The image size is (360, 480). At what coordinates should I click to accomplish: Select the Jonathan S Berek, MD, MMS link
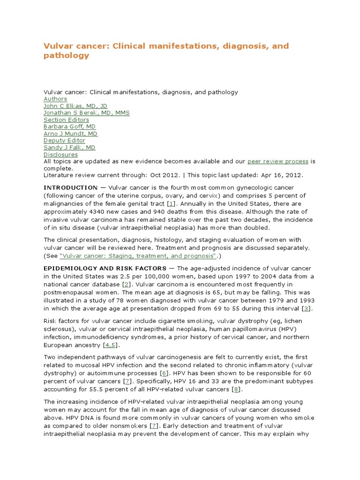(86, 113)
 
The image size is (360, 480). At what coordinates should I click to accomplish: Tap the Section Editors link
(66, 120)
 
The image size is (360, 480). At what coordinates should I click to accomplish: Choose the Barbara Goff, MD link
(69, 127)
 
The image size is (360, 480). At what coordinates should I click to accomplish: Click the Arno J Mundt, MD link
(70, 134)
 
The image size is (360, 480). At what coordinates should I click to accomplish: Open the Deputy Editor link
(64, 141)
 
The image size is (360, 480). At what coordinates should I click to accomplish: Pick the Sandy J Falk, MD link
(69, 147)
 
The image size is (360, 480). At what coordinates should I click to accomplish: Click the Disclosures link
(60, 154)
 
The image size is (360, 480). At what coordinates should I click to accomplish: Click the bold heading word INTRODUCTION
(70, 188)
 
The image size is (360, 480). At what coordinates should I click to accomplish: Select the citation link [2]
(126, 285)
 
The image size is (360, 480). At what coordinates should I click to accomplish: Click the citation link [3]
(307, 308)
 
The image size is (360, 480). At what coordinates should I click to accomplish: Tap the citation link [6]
(164, 373)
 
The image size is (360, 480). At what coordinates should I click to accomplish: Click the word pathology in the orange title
(66, 56)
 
